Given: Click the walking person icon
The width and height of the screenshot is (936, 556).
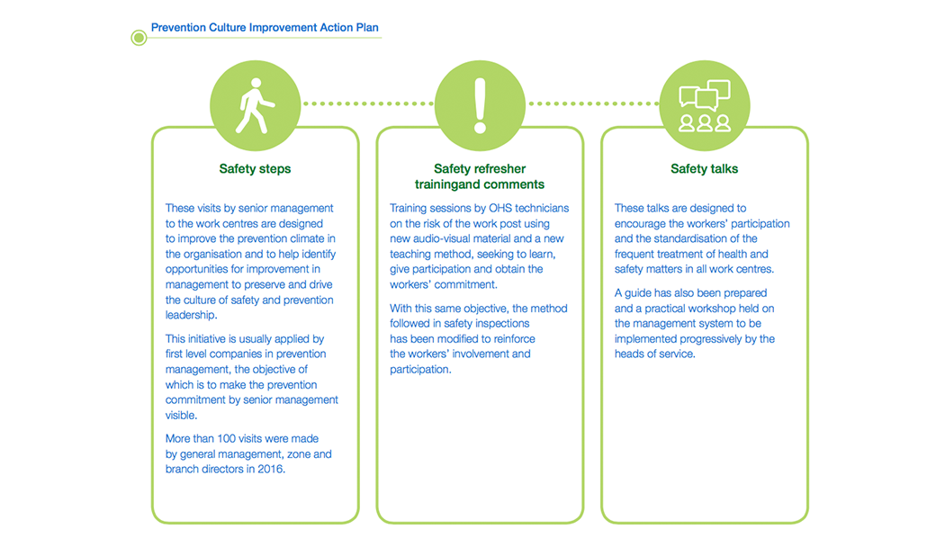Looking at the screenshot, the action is point(256,105).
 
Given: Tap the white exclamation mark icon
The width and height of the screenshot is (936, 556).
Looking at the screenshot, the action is point(480,105).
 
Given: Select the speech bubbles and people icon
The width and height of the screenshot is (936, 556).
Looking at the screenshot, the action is point(705,105).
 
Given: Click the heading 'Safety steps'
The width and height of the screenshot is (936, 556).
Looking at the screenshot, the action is point(255,169).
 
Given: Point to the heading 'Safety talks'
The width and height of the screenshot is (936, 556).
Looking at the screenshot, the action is point(705,169).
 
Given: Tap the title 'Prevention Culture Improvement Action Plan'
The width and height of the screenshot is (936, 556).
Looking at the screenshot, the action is point(265,28).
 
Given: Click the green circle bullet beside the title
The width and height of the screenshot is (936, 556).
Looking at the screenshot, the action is point(139,38).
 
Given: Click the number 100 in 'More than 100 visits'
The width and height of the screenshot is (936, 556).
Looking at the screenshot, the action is point(226,438).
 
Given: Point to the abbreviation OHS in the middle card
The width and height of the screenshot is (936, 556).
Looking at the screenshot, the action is point(500,208).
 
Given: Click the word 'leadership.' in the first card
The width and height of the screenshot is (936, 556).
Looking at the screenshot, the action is point(191,315).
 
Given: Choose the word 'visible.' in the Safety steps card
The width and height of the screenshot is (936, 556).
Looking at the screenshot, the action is point(181,416).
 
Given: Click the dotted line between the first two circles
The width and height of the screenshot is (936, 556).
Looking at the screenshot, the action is point(368,103).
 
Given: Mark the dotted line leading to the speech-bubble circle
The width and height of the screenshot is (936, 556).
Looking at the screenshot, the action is point(593,103).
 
